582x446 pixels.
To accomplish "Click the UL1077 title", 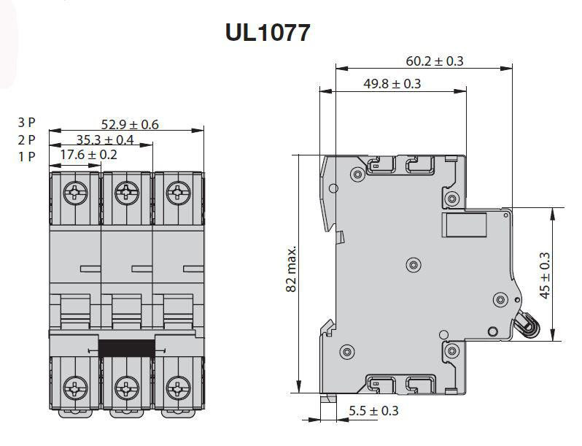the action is (267, 33).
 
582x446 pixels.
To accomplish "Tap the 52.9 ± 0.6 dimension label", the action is (130, 124).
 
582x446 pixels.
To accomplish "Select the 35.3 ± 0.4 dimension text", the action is (105, 139).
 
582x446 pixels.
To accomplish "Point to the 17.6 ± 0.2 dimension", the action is (88, 155).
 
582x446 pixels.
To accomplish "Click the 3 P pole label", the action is (26, 122).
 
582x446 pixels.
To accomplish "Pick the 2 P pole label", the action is (26, 139).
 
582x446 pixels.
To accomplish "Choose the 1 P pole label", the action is (26, 157).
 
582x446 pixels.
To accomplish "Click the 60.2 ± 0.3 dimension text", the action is (435, 61).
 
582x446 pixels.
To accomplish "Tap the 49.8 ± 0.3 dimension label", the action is (392, 83).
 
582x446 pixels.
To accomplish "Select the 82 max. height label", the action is (292, 268).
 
